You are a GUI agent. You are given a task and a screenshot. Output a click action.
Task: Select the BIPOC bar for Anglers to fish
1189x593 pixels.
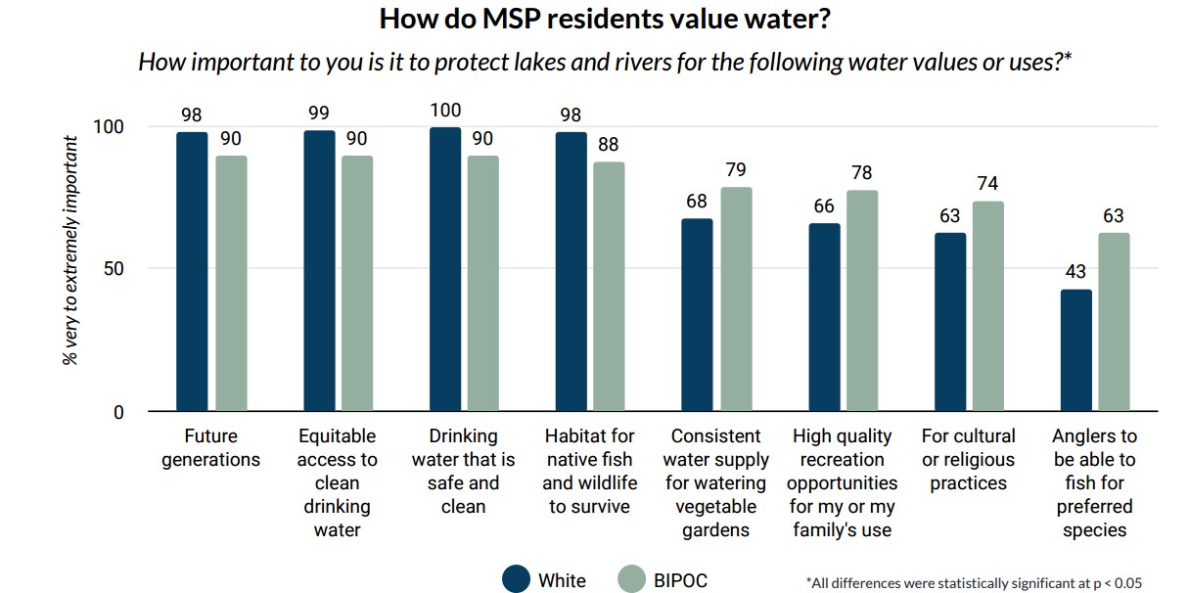[x=1114, y=322]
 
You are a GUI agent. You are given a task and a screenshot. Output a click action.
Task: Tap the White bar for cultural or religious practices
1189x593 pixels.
[x=949, y=322]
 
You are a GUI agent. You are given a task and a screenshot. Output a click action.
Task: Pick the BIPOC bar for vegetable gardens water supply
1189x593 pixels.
[x=736, y=299]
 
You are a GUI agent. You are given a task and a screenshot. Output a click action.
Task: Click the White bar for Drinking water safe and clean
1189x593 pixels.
[x=445, y=269]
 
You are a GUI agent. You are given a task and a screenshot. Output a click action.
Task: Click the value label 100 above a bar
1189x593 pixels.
[x=445, y=111]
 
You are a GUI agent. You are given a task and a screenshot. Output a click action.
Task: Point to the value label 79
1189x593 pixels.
[x=736, y=170]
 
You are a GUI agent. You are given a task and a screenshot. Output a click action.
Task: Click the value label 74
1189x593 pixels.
[x=987, y=185]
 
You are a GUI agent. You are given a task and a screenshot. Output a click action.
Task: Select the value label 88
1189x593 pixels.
[x=609, y=145]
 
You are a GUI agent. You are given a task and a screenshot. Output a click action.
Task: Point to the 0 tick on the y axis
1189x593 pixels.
[x=118, y=412]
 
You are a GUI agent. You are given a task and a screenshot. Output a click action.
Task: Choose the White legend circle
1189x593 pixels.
[x=516, y=578]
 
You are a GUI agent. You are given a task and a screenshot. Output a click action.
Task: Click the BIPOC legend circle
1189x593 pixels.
[x=632, y=578]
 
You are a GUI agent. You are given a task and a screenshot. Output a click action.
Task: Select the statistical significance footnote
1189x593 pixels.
[x=974, y=582]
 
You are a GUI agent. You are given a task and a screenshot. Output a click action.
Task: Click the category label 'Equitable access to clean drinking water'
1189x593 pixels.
[x=338, y=482]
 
